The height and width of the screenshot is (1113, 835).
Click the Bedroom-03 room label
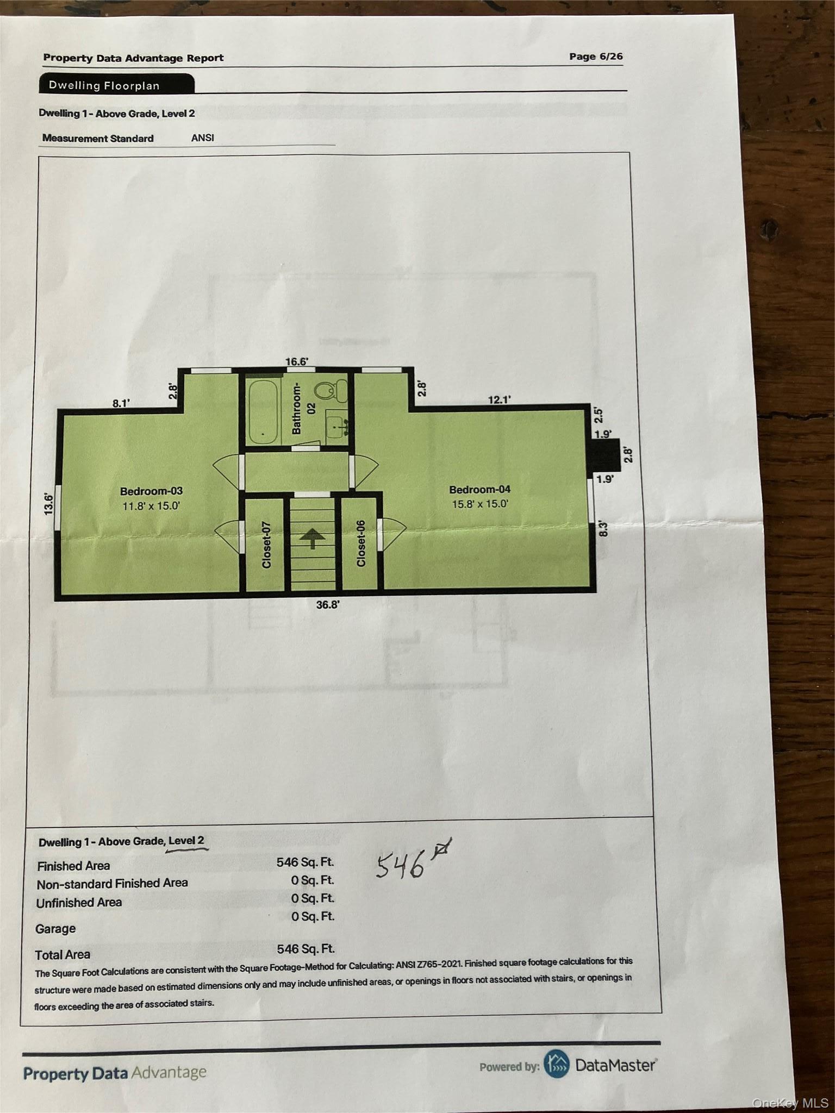click(x=151, y=491)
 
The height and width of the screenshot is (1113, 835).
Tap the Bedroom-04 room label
click(x=479, y=490)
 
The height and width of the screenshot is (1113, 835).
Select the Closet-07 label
click(x=266, y=545)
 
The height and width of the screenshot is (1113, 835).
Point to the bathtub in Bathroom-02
click(x=263, y=411)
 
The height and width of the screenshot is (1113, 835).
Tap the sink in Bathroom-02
click(x=337, y=424)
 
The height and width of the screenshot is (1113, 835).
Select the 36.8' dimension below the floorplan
click(x=327, y=605)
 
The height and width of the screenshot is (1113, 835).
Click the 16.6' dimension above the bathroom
click(x=297, y=362)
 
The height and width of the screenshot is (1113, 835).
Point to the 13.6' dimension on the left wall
click(x=49, y=504)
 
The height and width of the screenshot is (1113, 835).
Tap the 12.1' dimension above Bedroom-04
click(x=499, y=400)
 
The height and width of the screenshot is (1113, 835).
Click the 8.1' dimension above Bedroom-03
click(x=121, y=403)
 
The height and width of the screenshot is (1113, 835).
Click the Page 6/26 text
click(x=596, y=57)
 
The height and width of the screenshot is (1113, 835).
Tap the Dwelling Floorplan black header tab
click(x=116, y=85)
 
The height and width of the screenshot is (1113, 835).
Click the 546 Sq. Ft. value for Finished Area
click(x=305, y=862)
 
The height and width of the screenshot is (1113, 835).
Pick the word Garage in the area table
click(x=55, y=929)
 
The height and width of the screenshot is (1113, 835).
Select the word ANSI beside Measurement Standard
click(x=202, y=138)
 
